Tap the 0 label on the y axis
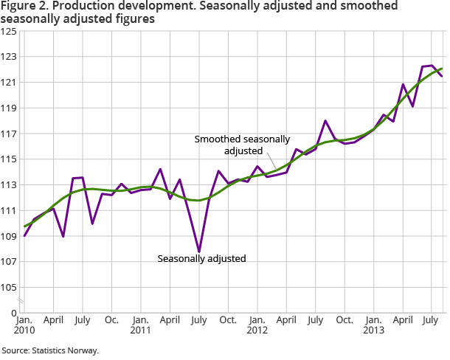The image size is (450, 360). pos(15,314)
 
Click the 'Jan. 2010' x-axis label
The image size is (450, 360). pos(24,326)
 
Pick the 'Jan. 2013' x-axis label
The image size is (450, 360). pos(374,326)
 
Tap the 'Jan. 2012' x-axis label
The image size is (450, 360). pos(257,326)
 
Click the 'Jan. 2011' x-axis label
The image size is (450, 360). pos(141,326)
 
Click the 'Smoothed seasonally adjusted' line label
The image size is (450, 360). pos(242,145)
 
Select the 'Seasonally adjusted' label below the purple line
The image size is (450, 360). pos(201,258)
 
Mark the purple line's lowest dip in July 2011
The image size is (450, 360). pos(199,252)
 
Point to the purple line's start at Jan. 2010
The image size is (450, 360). pos(25,235)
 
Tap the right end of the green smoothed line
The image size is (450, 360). pos(442,69)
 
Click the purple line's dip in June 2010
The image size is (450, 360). pos(63,236)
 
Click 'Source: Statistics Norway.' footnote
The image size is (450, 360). pos(50,350)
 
